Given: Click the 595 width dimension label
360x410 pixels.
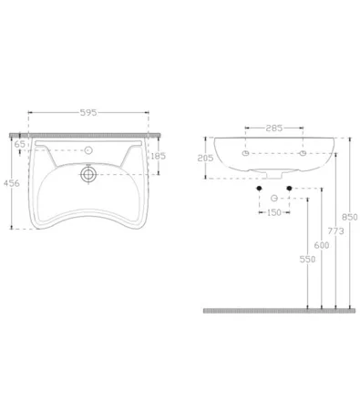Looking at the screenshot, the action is point(88,113).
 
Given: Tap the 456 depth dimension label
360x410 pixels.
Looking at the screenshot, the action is point(12,183).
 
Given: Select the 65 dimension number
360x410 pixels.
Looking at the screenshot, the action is point(20,144).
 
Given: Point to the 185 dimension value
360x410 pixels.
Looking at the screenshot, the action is point(158,156).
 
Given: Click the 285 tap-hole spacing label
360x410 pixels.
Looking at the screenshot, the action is point(274,128).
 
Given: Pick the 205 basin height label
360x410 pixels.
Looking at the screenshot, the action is point(205,158).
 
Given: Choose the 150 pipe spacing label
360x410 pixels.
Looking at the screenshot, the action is point(274,212).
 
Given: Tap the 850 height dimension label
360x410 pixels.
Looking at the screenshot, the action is point(350,217).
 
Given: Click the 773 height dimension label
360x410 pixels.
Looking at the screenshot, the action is point(335,231).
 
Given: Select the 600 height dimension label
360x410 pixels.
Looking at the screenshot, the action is point(322,245).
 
